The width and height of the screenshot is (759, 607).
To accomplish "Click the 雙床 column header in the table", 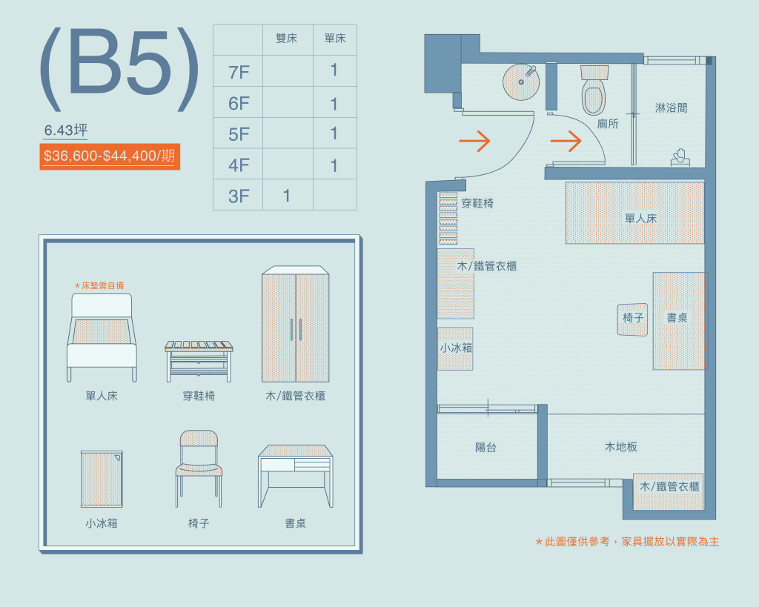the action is pos(287,39).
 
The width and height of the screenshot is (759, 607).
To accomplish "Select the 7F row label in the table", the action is pos(239,73).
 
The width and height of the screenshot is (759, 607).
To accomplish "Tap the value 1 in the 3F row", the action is pos(287,196).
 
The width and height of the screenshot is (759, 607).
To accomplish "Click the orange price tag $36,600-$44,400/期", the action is pos(110,156).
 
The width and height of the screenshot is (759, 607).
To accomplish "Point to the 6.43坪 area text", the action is pos(66,130).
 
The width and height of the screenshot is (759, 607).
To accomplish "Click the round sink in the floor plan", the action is pos(521,82).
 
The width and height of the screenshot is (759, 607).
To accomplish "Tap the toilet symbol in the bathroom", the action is pos(594,90).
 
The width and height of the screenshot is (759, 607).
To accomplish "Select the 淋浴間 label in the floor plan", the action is pos(671,108).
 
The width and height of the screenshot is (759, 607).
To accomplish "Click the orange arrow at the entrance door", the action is pos(474,142).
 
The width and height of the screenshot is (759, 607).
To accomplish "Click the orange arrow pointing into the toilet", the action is pos(566,142).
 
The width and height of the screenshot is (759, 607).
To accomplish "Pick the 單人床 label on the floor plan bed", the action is pos(641,219).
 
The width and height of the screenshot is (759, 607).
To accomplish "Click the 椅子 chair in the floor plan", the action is pos(633,319).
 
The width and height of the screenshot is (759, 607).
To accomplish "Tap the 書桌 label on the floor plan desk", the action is pos(677,317).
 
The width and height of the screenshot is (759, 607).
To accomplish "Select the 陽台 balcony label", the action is pos(485,447).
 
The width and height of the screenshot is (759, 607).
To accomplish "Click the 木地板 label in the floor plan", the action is pos(621,447).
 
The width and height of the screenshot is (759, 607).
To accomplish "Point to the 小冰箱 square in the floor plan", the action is pos(456,348).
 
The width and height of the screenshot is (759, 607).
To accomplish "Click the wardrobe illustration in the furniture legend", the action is pos(295,324).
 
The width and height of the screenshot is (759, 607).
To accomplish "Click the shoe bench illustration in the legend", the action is pos(199,361).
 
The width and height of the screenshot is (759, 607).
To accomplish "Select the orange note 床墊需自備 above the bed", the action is pos(99,285).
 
